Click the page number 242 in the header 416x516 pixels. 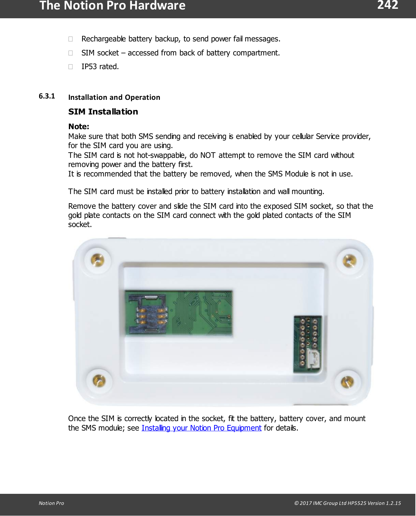click(x=388, y=5)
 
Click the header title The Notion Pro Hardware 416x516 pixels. click(x=112, y=6)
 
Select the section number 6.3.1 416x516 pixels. click(x=47, y=96)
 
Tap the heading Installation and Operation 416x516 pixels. click(x=114, y=97)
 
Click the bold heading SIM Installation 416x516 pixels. click(x=103, y=112)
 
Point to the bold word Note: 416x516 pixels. click(x=79, y=127)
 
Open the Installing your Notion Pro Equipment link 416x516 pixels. click(x=201, y=428)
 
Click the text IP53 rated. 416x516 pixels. click(x=100, y=67)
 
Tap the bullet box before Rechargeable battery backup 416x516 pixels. click(x=70, y=39)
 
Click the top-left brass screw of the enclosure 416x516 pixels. click(x=98, y=260)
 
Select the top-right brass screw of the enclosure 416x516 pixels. click(x=349, y=261)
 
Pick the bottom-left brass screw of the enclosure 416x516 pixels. click(x=99, y=380)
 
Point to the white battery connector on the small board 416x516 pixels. click(x=314, y=359)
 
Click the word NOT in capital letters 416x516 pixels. click(x=208, y=155)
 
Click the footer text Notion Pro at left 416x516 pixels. click(x=51, y=503)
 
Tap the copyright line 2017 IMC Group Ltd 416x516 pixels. click(x=347, y=503)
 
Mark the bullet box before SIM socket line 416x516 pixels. click(x=70, y=53)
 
